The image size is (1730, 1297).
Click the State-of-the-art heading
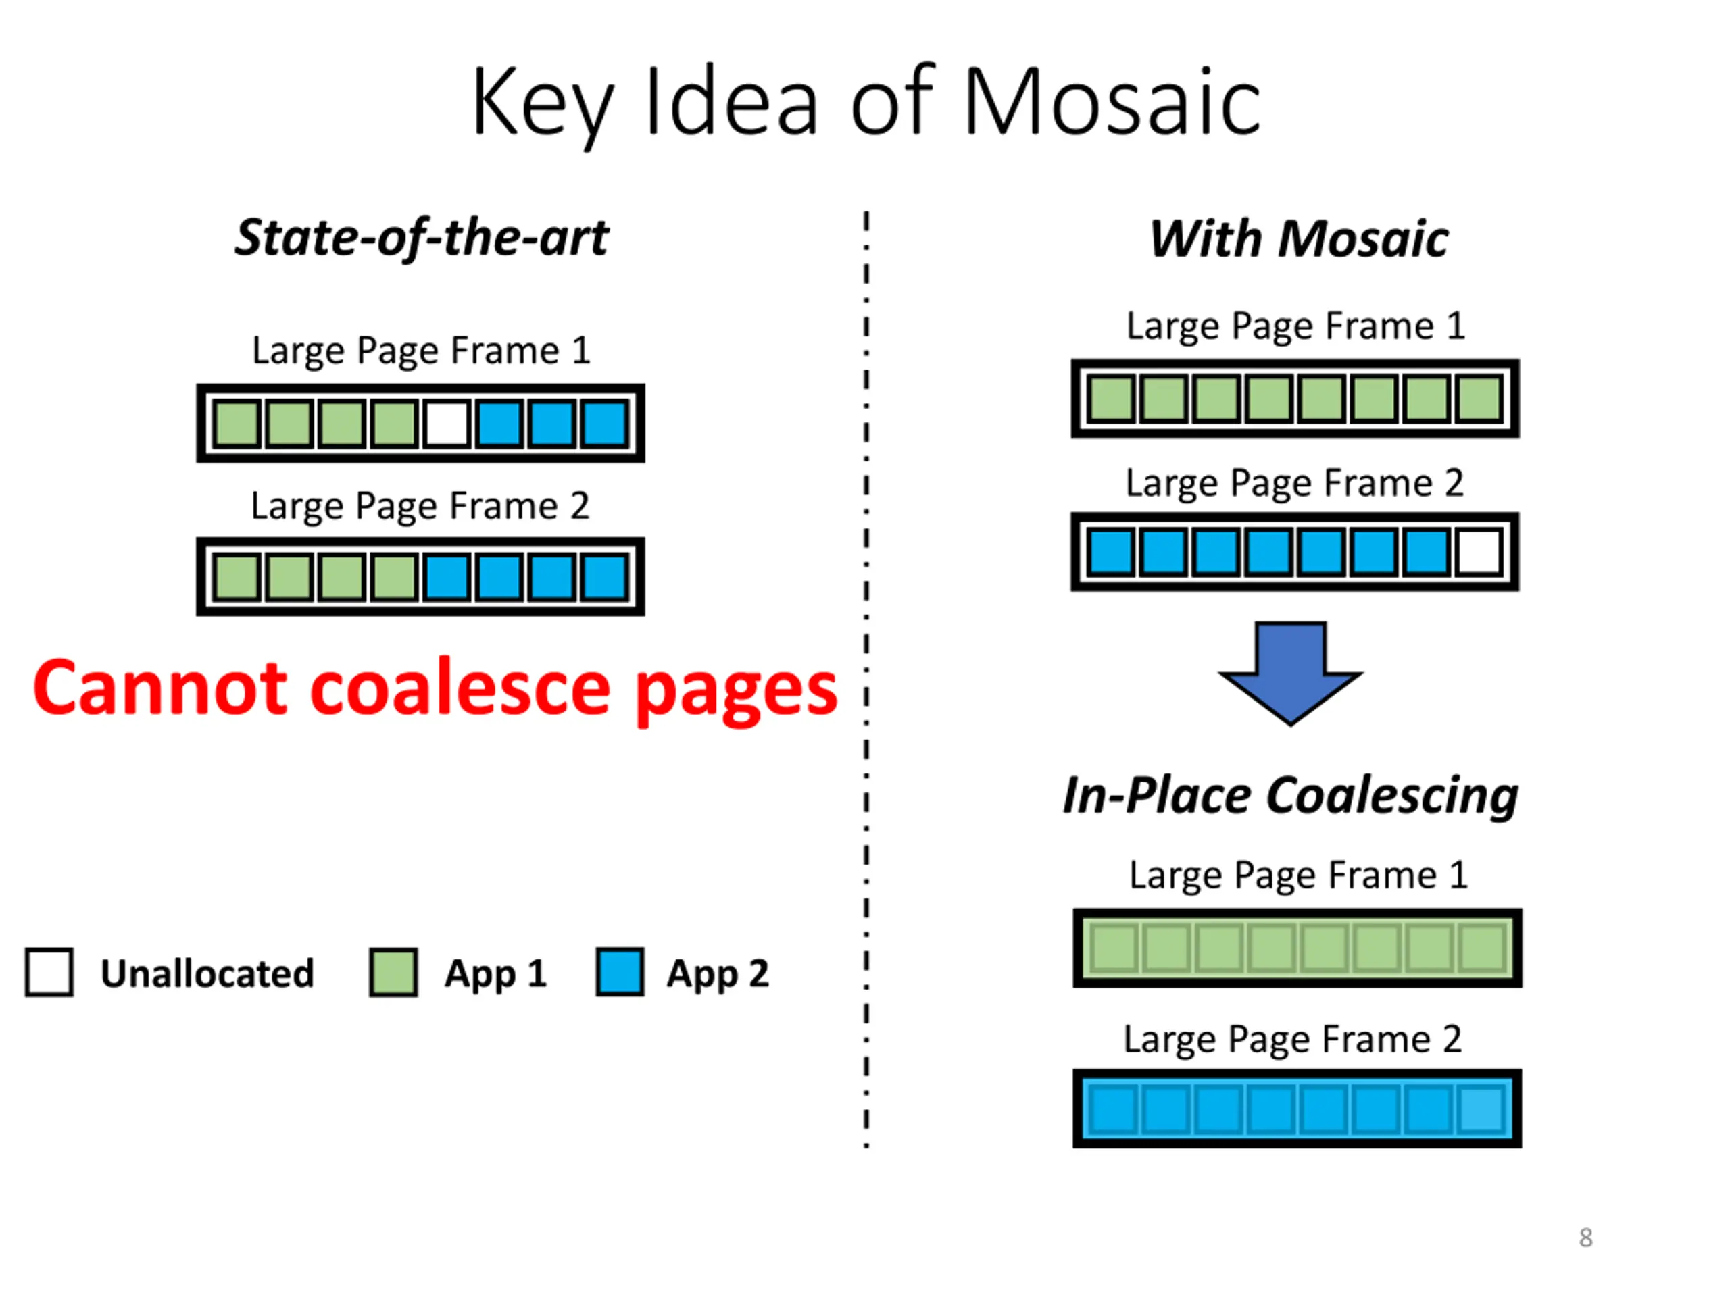422,238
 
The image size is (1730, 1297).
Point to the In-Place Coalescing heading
1291,796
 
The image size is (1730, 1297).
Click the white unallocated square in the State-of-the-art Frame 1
447,424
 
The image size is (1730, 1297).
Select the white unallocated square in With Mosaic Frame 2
1479,552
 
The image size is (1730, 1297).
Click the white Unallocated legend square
49,973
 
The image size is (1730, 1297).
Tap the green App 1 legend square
393,973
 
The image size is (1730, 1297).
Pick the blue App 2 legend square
620,973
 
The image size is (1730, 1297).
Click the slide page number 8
1585,1238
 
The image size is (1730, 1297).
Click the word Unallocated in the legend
207,974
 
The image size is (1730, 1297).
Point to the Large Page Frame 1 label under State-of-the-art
421,350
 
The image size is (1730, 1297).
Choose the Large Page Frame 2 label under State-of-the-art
420,506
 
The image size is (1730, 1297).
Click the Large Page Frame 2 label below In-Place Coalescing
1293,1039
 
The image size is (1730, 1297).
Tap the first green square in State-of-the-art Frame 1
237,424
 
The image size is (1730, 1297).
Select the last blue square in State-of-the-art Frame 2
605,577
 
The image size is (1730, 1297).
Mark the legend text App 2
717,974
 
